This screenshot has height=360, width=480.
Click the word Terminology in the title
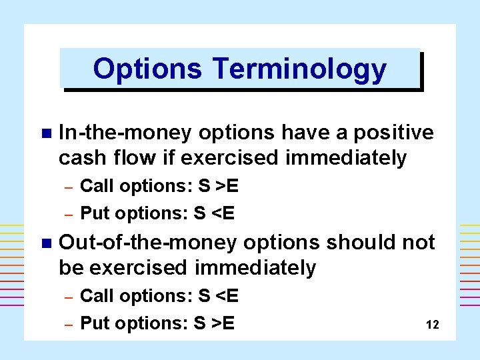[x=299, y=69]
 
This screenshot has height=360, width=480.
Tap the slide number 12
[x=432, y=325]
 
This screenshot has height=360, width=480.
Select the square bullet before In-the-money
[x=45, y=133]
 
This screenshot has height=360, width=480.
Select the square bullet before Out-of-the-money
[x=45, y=243]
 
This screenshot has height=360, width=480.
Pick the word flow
[x=131, y=158]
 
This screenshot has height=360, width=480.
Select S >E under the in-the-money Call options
[x=219, y=186]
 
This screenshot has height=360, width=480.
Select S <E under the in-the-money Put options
[x=214, y=213]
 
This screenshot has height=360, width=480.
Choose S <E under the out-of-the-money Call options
[x=219, y=295]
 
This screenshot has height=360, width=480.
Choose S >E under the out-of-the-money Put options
[x=214, y=323]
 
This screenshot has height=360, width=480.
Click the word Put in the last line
[x=95, y=323]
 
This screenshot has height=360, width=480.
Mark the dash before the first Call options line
[x=67, y=187]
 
